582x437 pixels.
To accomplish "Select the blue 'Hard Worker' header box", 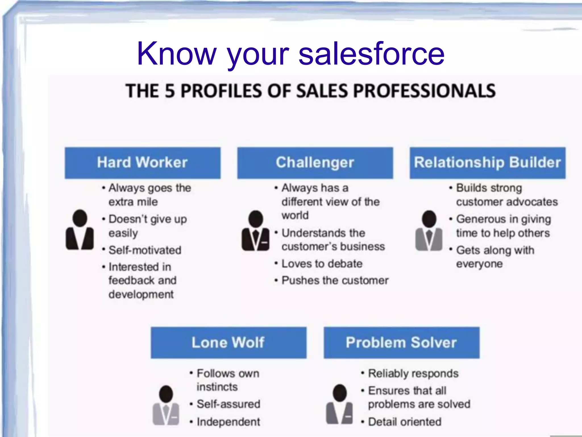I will [x=142, y=163].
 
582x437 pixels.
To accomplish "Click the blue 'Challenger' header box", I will [x=315, y=163].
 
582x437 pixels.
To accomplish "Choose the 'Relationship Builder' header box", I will [x=487, y=163].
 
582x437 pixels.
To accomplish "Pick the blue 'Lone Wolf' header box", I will [x=228, y=343].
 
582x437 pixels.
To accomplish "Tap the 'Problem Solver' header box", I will [x=401, y=343].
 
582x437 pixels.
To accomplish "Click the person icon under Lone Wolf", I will [x=166, y=405].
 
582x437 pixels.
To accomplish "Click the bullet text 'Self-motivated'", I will [x=145, y=250].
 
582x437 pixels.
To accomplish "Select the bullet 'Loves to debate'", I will [x=322, y=264].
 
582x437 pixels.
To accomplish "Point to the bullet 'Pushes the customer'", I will [x=335, y=281].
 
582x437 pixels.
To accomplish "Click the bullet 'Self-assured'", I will [x=228, y=404].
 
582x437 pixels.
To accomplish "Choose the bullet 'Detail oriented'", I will [x=405, y=422].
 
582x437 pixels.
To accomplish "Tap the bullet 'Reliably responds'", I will [x=413, y=373].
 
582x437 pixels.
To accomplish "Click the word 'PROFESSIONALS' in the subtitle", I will [x=425, y=91].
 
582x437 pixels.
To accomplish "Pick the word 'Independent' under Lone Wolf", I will [x=228, y=422].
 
